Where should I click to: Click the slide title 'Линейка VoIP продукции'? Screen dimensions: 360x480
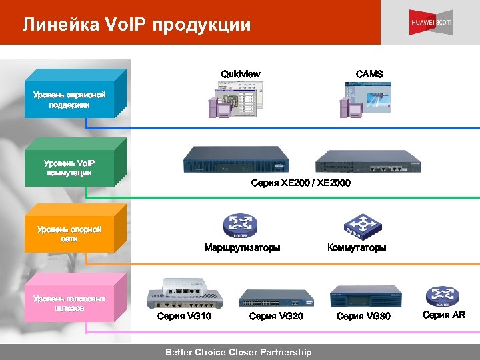click(136, 25)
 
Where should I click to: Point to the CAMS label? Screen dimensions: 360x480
click(369, 74)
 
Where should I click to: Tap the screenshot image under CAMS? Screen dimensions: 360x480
click(366, 99)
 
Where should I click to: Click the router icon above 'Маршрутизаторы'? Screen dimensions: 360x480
click(241, 225)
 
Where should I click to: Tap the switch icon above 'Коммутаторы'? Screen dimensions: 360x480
click(361, 225)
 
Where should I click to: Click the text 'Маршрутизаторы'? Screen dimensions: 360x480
click(242, 247)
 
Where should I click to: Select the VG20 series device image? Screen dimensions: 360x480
click(275, 297)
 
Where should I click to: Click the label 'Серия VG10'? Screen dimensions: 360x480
click(184, 316)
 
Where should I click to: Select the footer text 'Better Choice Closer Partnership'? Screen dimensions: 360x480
click(238, 352)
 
